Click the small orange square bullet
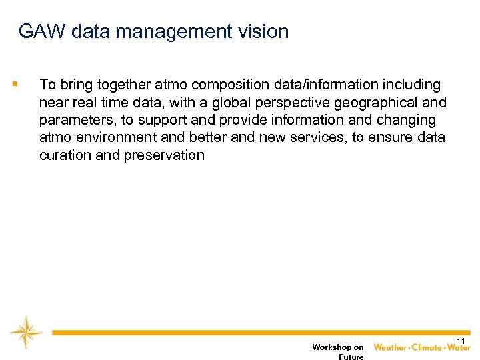[15, 85]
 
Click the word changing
[408, 120]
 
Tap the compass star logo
[26, 332]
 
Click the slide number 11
[461, 341]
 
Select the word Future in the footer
[351, 357]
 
